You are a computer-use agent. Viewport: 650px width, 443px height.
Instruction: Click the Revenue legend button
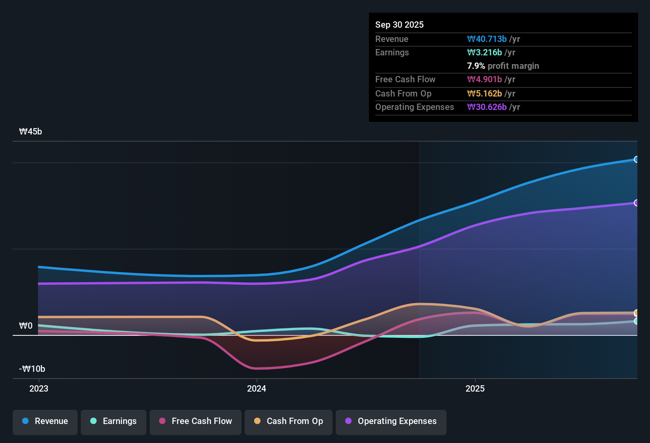click(x=45, y=421)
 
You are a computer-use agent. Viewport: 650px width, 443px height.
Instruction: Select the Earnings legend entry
click(x=114, y=421)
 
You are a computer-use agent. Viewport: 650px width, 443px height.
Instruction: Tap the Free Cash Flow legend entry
click(x=196, y=421)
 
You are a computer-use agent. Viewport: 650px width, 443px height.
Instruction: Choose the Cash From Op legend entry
click(x=289, y=421)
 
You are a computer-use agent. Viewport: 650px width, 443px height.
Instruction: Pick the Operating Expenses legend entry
click(x=391, y=421)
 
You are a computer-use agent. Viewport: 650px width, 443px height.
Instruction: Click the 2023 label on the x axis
click(x=39, y=388)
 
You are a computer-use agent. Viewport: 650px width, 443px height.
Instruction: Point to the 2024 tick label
click(x=257, y=388)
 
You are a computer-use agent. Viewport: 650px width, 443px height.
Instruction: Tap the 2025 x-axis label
click(x=475, y=388)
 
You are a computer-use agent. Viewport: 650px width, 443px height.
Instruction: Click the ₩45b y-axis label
click(x=30, y=132)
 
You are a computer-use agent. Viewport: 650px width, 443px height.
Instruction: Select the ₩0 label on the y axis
click(x=26, y=326)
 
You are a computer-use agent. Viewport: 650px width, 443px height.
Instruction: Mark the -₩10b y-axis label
click(x=32, y=369)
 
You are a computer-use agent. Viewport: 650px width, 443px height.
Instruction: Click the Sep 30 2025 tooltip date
click(x=399, y=25)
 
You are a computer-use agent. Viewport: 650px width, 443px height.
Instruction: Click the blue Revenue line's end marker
click(x=636, y=159)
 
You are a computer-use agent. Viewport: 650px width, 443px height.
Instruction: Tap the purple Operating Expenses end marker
click(x=636, y=203)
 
